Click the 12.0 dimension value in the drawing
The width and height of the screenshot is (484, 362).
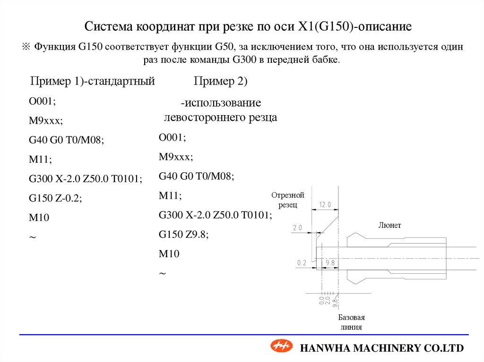pos(325,205)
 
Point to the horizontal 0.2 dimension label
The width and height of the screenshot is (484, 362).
pos(302,262)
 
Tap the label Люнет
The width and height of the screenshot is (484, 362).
pos(389,226)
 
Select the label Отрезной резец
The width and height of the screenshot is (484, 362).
pos(287,200)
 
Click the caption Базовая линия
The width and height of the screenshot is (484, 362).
pos(351,322)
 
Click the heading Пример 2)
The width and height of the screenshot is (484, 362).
pos(221,81)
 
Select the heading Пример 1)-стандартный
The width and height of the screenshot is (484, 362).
pos(93,81)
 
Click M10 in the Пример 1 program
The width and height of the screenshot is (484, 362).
pos(39,217)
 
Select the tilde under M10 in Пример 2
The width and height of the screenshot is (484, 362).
pos(163,274)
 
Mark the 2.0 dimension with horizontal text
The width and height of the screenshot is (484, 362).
pos(297,228)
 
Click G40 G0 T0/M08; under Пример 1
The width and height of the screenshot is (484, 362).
pos(66,140)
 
